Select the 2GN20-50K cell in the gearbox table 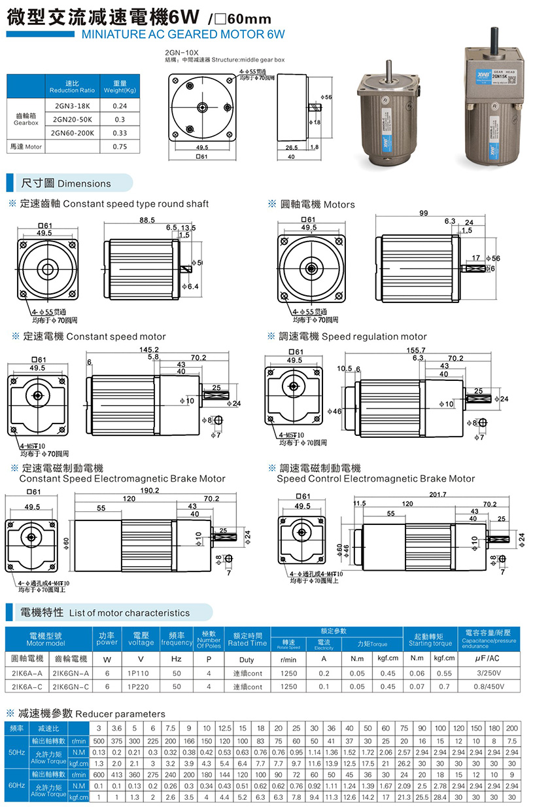point(73,119)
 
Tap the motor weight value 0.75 point(120,147)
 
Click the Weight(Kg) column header point(120,86)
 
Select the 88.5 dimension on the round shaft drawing point(147,221)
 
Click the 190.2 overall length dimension point(149,490)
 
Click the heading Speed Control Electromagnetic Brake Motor point(375,478)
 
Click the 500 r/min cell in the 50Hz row point(99,741)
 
